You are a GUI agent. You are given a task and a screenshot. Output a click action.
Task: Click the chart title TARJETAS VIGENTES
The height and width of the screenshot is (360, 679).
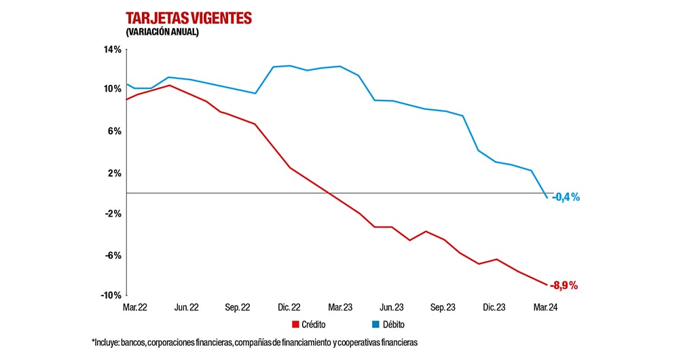point(188,18)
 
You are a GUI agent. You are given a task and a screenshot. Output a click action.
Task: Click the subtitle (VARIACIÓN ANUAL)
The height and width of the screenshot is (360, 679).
point(162,32)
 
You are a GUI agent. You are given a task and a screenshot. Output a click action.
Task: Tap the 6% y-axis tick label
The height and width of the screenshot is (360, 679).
point(115,131)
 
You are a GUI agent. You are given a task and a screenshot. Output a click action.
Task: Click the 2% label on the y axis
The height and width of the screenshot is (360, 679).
point(115,173)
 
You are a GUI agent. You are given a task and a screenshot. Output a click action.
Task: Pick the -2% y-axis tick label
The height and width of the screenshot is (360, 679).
point(113,213)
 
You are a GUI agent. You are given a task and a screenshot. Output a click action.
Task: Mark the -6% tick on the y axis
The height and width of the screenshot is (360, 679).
point(113,255)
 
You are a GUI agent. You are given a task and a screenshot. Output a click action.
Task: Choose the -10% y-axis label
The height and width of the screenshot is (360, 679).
point(111,295)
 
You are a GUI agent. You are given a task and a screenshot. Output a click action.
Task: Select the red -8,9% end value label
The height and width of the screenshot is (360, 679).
point(564,286)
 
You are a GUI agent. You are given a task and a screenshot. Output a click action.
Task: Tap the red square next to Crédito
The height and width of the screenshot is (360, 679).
point(295,325)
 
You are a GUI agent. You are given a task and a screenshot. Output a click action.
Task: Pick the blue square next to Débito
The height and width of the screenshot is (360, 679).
point(375,325)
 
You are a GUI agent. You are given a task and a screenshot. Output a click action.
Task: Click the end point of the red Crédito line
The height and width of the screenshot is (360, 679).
point(547,285)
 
